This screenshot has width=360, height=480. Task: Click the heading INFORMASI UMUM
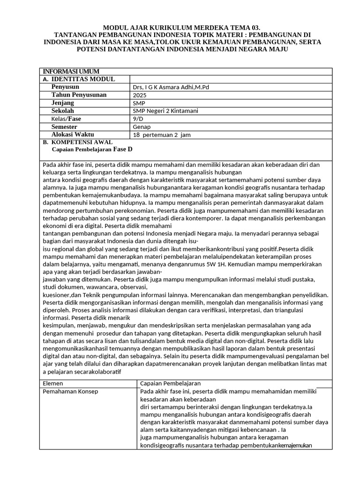point(71,71)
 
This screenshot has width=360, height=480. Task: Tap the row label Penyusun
point(65,87)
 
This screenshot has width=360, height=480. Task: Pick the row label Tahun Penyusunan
point(79,95)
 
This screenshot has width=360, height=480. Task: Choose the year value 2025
point(140,95)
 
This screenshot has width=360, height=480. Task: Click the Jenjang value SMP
point(139,103)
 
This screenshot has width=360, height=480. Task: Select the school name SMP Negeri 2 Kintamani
point(165,111)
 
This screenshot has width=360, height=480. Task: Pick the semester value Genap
point(142,127)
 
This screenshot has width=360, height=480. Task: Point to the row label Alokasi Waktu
point(73,135)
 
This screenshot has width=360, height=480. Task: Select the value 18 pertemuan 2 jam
point(162,135)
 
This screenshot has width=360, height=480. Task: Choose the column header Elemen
point(52,383)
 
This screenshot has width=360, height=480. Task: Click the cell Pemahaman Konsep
point(70,391)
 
